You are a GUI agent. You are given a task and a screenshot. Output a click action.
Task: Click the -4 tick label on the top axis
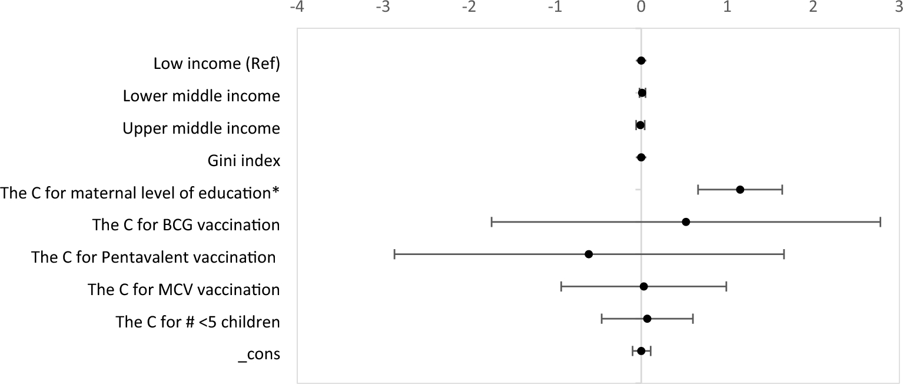pyautogui.click(x=297, y=7)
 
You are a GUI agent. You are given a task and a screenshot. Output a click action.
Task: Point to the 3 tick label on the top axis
pyautogui.click(x=898, y=7)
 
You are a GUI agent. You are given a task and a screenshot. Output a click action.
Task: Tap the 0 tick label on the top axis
pyautogui.click(x=641, y=7)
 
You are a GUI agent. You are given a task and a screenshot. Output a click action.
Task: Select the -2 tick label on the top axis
pyautogui.click(x=469, y=7)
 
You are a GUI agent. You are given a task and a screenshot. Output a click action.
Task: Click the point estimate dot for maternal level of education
pyautogui.click(x=740, y=190)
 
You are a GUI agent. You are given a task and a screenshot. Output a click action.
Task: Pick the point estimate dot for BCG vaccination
pyautogui.click(x=686, y=222)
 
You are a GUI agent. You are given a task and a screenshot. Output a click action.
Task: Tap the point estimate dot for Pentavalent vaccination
pyautogui.click(x=589, y=254)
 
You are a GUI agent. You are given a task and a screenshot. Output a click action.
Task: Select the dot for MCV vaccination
pyautogui.click(x=643, y=286)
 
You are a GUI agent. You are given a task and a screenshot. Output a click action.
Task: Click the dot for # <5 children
pyautogui.click(x=647, y=319)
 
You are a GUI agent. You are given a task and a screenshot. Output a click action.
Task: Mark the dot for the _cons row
pyautogui.click(x=641, y=351)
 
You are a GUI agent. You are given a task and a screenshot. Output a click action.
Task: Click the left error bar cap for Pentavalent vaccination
pyautogui.click(x=394, y=254)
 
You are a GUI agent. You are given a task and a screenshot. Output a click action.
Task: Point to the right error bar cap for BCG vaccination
pyautogui.click(x=880, y=222)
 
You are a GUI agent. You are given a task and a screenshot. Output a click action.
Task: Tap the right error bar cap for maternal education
pyautogui.click(x=782, y=190)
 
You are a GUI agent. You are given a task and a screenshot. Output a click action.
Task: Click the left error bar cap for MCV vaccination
pyautogui.click(x=562, y=286)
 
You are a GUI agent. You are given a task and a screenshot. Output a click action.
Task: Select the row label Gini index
pyautogui.click(x=244, y=160)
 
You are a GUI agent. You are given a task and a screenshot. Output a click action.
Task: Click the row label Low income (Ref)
pyautogui.click(x=217, y=63)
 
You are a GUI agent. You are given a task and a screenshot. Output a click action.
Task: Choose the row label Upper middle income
pyautogui.click(x=201, y=128)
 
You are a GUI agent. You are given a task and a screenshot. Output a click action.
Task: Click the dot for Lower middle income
pyautogui.click(x=642, y=92)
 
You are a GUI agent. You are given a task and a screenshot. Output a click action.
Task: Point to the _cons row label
pyautogui.click(x=259, y=355)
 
